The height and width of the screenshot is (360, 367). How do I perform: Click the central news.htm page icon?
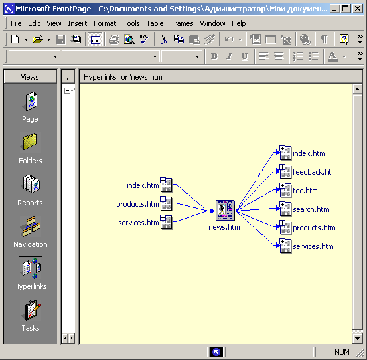click(225, 211)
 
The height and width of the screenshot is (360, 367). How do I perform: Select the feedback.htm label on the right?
click(315, 172)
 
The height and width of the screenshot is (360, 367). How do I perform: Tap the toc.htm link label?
click(305, 191)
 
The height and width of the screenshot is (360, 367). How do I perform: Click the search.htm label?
click(311, 209)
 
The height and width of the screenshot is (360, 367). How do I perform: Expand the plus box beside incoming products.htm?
click(163, 199)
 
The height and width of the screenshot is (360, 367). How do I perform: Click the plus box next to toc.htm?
click(282, 186)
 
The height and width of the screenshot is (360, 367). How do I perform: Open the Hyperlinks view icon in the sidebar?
click(31, 268)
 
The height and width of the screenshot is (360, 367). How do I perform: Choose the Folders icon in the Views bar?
click(30, 142)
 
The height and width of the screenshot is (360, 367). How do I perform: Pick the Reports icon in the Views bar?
click(31, 183)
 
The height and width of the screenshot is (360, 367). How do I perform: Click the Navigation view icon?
click(31, 226)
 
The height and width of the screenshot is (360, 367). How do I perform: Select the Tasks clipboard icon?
click(32, 310)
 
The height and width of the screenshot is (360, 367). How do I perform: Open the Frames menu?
click(182, 23)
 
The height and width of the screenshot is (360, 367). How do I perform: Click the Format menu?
click(105, 23)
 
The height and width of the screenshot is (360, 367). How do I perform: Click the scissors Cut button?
click(164, 39)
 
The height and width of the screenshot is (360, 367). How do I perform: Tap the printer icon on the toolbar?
click(114, 39)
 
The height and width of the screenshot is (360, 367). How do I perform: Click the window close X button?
click(358, 9)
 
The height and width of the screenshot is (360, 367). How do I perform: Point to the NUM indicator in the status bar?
click(342, 352)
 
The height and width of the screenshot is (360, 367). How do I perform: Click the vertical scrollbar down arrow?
click(357, 339)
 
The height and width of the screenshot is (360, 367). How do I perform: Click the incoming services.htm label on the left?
click(138, 223)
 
